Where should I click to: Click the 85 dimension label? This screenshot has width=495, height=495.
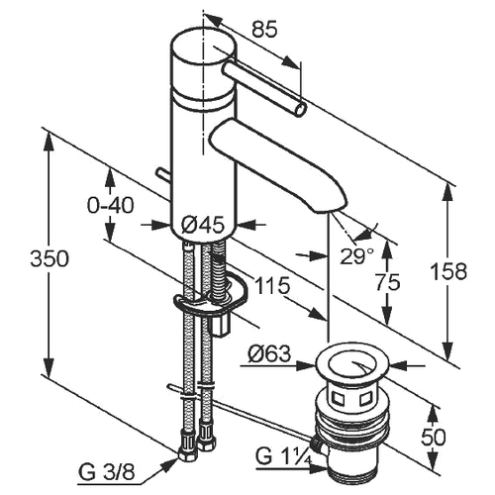tap(264, 31)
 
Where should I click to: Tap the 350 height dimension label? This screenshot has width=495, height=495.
tap(49, 258)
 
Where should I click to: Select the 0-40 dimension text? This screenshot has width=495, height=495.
tap(111, 205)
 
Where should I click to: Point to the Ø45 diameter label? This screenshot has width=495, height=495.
tap(203, 225)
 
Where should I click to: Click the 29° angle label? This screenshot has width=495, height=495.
tap(357, 255)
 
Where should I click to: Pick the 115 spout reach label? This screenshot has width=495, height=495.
tap(272, 285)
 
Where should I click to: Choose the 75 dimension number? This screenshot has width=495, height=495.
tap(388, 282)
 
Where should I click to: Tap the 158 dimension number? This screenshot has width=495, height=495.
tap(449, 271)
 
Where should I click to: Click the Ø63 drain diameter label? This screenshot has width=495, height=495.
tap(270, 354)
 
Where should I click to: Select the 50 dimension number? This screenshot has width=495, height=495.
tap(434, 437)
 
